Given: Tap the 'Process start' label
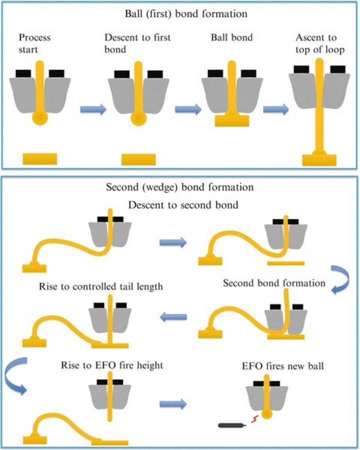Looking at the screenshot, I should [34, 42].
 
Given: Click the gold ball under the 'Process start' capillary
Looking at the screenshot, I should [40, 117].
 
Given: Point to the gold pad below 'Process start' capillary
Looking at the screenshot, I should [40, 159].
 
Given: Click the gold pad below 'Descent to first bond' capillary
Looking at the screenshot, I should [138, 159].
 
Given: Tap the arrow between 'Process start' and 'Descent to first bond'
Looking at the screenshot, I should [93, 109].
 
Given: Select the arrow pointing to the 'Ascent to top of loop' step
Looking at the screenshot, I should [276, 109].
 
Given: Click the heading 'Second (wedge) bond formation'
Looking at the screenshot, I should [179, 187].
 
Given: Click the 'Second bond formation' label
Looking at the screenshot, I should [274, 283].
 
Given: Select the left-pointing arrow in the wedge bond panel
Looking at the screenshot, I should [173, 316].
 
